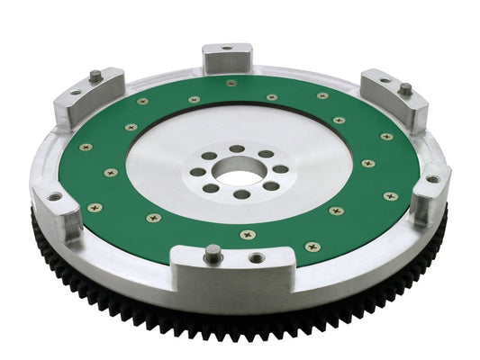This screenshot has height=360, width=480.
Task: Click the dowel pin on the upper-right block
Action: point(405,89)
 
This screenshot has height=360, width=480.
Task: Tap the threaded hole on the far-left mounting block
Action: point(55,195)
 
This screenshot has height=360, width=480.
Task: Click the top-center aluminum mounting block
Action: point(226,59)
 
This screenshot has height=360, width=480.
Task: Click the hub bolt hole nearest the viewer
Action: point(241,193)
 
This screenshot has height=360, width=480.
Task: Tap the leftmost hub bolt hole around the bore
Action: point(197,171)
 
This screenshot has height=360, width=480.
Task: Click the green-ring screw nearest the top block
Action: point(231,83)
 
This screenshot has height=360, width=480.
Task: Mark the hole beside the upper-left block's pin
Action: point(76,91)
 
